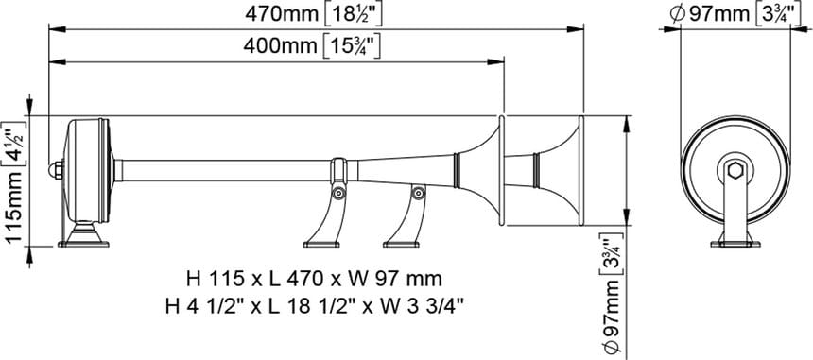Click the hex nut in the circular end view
[x=735, y=170]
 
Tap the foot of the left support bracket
[x=321, y=244]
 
